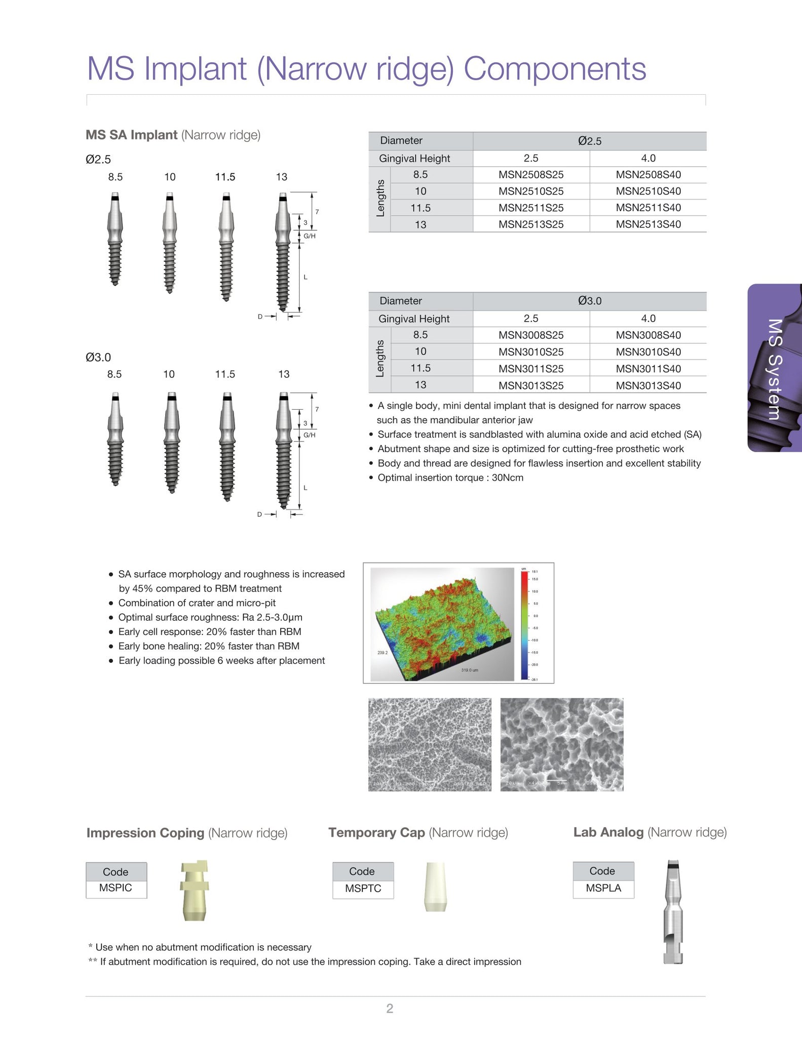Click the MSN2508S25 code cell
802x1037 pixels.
click(x=530, y=175)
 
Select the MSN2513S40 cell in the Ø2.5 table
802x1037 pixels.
click(x=648, y=224)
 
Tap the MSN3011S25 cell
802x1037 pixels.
click(x=530, y=369)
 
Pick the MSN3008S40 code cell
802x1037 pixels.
click(x=648, y=335)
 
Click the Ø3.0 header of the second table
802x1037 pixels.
click(x=589, y=301)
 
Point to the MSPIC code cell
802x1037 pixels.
click(x=116, y=888)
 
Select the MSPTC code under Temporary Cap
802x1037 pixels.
click(x=363, y=889)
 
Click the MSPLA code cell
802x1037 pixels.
click(x=603, y=888)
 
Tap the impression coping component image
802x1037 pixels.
click(x=195, y=890)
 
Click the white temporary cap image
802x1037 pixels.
click(x=435, y=887)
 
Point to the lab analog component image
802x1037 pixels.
click(x=673, y=911)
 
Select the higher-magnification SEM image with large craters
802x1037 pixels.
click(x=561, y=744)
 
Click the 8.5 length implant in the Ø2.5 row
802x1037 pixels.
click(x=116, y=238)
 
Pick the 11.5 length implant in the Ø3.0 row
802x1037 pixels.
click(x=227, y=446)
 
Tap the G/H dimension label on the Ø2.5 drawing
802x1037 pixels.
click(x=310, y=236)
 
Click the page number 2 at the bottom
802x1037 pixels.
click(x=389, y=1008)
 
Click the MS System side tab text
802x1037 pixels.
click(x=775, y=369)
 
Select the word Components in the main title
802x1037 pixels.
click(x=554, y=68)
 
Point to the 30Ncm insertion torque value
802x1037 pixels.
click(x=507, y=477)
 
